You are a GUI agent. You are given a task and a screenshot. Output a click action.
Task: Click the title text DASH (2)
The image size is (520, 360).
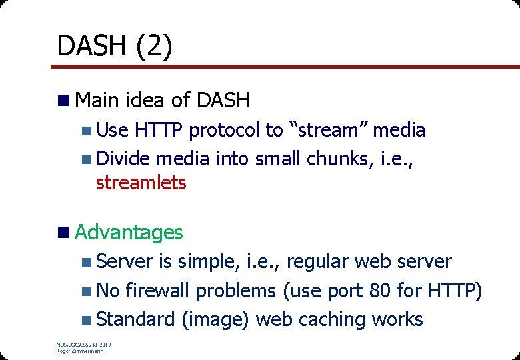pyautogui.click(x=115, y=46)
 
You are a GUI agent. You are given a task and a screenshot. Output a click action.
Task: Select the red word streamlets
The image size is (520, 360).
pyautogui.click(x=141, y=183)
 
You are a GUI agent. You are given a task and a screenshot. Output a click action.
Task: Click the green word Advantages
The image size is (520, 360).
pyautogui.click(x=129, y=232)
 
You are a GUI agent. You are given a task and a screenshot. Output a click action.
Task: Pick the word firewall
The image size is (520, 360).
pyautogui.click(x=157, y=291)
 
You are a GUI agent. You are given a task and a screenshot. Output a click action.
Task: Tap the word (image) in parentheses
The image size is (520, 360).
pyautogui.click(x=215, y=320)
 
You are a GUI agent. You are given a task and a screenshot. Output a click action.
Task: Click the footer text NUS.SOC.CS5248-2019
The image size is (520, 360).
pyautogui.click(x=84, y=345)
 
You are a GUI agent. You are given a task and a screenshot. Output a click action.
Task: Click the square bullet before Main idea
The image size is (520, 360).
pyautogui.click(x=64, y=101)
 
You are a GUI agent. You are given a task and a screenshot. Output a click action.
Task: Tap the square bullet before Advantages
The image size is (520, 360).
pyautogui.click(x=64, y=233)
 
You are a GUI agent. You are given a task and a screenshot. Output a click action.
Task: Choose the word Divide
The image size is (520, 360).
pyautogui.click(x=124, y=159)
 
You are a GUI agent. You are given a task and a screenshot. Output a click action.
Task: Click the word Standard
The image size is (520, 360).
pyautogui.click(x=135, y=320)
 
